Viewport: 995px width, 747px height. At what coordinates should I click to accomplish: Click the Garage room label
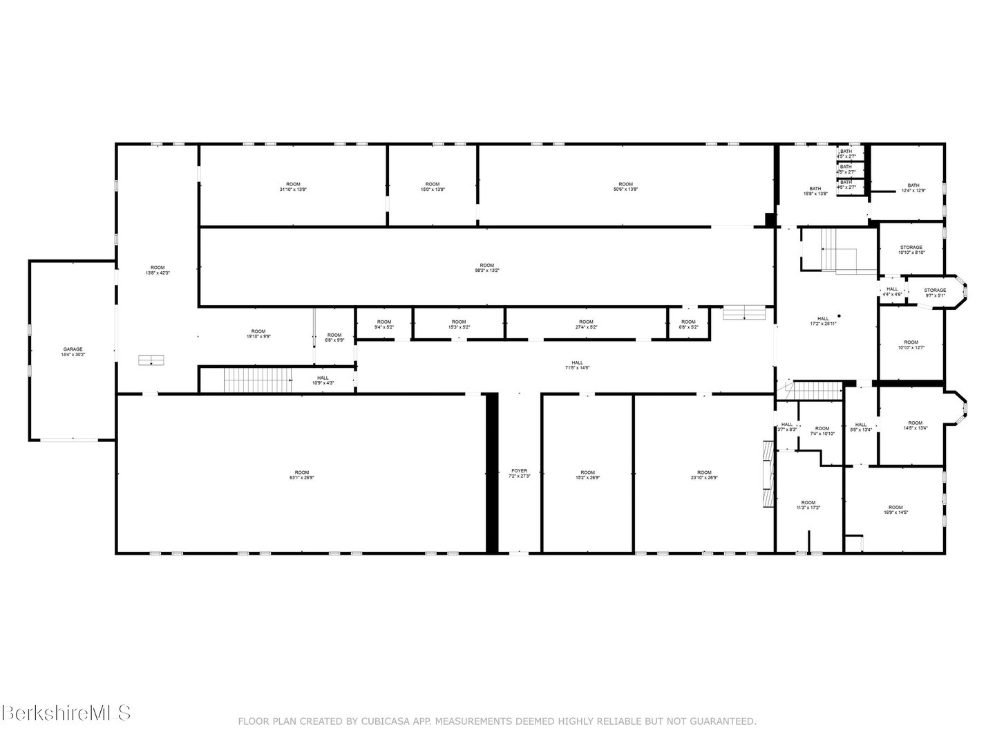pyautogui.click(x=73, y=351)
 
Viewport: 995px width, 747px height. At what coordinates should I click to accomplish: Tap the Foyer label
pyautogui.click(x=519, y=473)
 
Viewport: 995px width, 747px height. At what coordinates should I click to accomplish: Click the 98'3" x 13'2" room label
pyautogui.click(x=487, y=268)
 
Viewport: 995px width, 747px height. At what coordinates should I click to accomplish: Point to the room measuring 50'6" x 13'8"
pyautogui.click(x=625, y=186)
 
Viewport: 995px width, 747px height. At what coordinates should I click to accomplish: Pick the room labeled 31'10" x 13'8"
pyautogui.click(x=293, y=186)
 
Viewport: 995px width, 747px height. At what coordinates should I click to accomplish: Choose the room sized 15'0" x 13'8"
pyautogui.click(x=433, y=186)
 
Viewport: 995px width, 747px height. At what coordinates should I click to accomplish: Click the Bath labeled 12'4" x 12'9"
pyautogui.click(x=913, y=187)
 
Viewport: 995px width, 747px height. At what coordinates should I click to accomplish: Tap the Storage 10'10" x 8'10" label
pyautogui.click(x=911, y=250)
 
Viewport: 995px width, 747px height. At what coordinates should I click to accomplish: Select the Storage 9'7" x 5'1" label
pyautogui.click(x=935, y=293)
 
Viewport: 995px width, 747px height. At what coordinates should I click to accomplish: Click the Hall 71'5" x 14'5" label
pyautogui.click(x=577, y=365)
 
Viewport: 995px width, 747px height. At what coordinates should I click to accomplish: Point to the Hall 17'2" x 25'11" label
pyautogui.click(x=823, y=321)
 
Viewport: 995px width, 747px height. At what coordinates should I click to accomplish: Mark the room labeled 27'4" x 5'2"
pyautogui.click(x=586, y=324)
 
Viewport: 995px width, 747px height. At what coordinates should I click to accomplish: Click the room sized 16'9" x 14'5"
pyautogui.click(x=895, y=510)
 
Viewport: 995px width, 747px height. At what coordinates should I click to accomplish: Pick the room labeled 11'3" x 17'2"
pyautogui.click(x=808, y=505)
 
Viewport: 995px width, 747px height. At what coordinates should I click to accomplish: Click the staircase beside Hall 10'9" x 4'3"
pyautogui.click(x=245, y=380)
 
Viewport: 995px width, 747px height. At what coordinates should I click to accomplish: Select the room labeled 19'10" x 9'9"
pyautogui.click(x=258, y=333)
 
